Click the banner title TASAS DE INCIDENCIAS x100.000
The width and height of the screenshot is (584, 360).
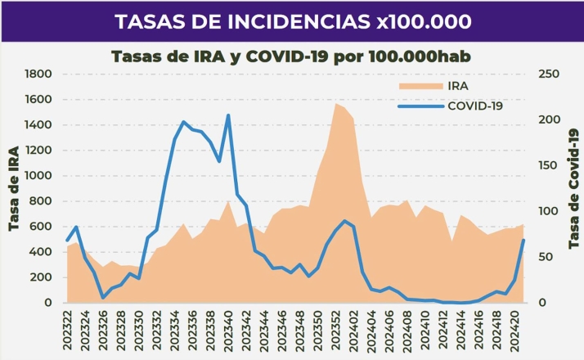(x=292, y=21)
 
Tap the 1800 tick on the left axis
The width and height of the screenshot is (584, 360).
(x=38, y=74)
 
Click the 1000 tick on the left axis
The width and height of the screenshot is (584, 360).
(x=38, y=176)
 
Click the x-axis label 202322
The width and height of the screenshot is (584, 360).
(x=67, y=327)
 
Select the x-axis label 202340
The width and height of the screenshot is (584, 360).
(x=228, y=327)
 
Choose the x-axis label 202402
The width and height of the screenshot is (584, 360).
(x=353, y=327)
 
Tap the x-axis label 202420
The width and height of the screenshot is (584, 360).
(x=514, y=327)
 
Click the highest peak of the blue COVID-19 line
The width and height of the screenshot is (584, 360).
(x=228, y=115)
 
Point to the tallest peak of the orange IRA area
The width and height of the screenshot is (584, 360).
(x=335, y=103)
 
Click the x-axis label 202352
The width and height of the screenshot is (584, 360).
(x=335, y=327)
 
